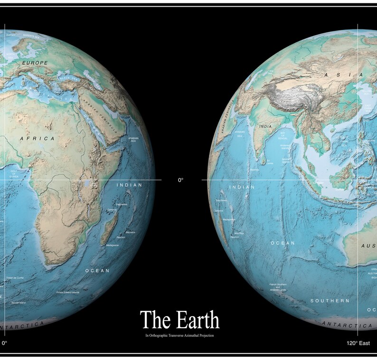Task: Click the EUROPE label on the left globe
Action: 35,63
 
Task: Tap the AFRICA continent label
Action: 37,138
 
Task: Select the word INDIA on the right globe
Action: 265,127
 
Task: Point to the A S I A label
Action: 344,75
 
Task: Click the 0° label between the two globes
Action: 180,180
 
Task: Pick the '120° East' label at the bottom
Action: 358,343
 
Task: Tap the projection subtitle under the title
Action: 180,335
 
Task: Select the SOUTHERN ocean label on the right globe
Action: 330,301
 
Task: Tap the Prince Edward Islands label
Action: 68,293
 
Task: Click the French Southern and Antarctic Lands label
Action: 278,287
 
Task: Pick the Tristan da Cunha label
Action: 14,278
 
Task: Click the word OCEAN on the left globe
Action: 97,271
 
